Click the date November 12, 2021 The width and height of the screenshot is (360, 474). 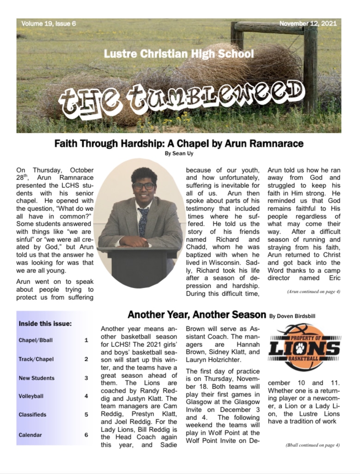pos(308,24)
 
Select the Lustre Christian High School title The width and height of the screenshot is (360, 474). pos(179,54)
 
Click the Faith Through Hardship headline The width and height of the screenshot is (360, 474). pos(179,143)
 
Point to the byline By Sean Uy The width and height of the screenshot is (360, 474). pos(179,154)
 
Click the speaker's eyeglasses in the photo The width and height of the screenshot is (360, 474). pos(143,186)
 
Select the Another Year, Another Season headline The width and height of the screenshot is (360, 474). pos(196,315)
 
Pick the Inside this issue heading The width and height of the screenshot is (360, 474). pos(45,324)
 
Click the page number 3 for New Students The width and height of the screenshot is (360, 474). pos(86,378)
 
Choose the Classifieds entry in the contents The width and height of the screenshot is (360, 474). pos(32,415)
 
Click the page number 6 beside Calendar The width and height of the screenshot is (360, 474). pos(86,435)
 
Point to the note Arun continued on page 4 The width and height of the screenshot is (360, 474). pos(313,292)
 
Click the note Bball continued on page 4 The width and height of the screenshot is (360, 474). pos(312,445)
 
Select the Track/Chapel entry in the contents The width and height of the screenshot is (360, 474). pos(34,359)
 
